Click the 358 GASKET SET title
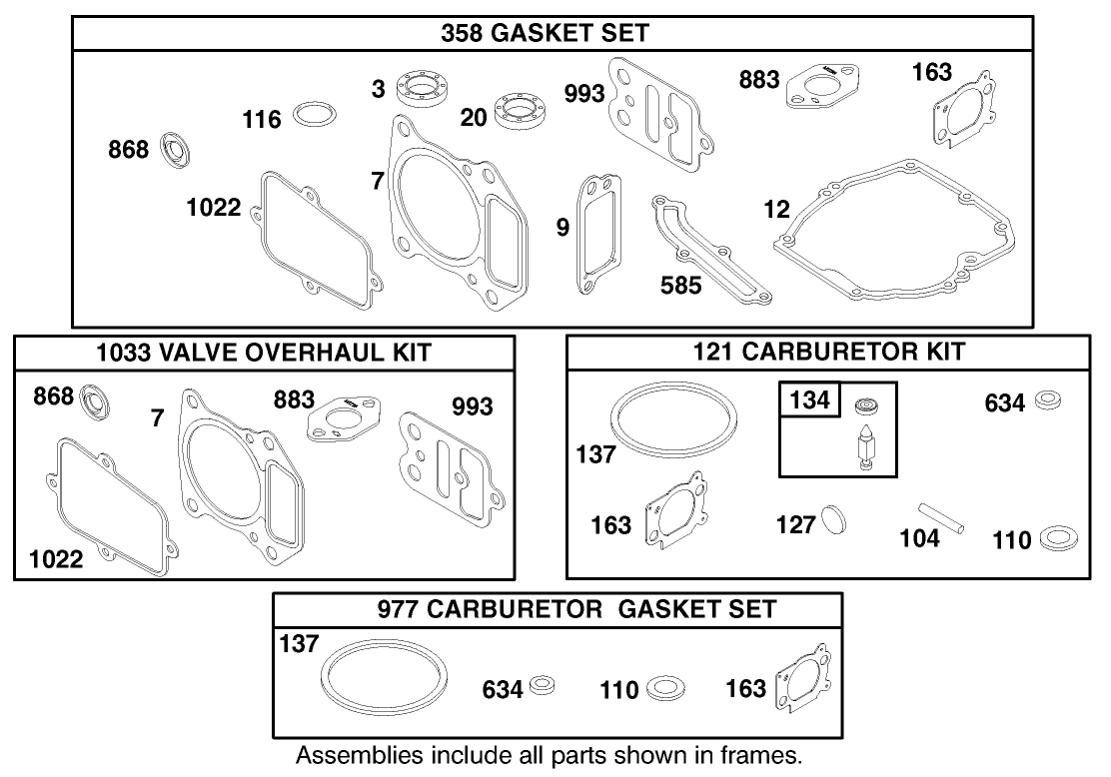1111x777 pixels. click(545, 33)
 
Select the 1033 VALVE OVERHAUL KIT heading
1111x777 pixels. click(264, 352)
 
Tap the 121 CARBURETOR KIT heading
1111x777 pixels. click(828, 352)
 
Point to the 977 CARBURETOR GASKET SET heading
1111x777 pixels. click(576, 609)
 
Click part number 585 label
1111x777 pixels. click(681, 286)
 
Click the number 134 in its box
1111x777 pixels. click(809, 400)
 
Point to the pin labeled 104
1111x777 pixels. click(942, 517)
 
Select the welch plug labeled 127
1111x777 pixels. click(833, 520)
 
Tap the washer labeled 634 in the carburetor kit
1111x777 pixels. click(1048, 400)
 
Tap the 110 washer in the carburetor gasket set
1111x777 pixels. click(666, 688)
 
